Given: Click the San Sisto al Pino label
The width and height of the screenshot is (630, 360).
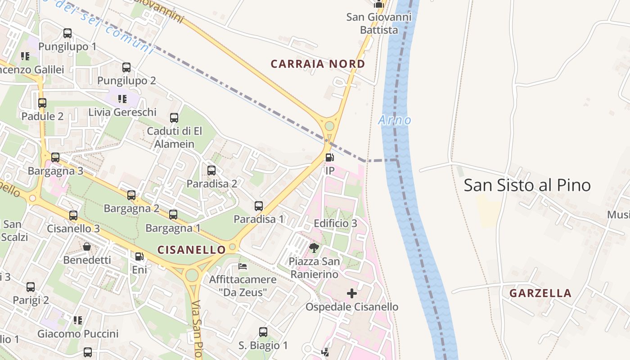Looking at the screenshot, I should click(527, 185).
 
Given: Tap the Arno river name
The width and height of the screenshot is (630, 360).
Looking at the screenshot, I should click(395, 120).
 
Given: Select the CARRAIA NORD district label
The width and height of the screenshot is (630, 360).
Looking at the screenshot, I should click(318, 64).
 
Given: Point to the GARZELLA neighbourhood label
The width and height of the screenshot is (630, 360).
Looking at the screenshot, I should click(540, 293).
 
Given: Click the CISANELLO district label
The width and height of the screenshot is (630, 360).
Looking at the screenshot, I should click(192, 250).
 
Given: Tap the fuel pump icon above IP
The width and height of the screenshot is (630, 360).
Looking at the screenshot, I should click(330, 157).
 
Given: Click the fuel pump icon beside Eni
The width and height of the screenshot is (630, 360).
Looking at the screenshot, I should click(139, 256).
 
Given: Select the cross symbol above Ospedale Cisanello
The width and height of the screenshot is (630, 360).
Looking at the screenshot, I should click(352, 294).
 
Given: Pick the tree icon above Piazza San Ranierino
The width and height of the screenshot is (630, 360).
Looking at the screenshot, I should click(314, 247).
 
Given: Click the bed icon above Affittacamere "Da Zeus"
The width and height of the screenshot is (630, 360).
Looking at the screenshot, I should click(243, 266).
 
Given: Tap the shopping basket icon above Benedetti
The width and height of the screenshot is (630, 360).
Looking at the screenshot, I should click(87, 247).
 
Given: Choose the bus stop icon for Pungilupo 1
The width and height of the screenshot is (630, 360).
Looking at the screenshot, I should click(67, 33).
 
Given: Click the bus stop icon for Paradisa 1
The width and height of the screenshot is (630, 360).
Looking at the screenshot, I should click(259, 206).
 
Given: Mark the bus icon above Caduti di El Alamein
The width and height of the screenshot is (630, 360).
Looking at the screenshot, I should click(174, 118).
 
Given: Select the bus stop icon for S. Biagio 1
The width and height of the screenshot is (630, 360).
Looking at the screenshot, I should click(263, 332).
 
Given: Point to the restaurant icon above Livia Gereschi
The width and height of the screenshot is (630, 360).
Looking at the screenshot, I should click(122, 99).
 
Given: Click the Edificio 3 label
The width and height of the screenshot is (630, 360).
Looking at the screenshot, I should click(335, 223).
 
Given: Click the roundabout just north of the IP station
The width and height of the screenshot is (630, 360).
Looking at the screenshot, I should click(330, 126).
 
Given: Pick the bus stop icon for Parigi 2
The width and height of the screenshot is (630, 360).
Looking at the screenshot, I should click(31, 287).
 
